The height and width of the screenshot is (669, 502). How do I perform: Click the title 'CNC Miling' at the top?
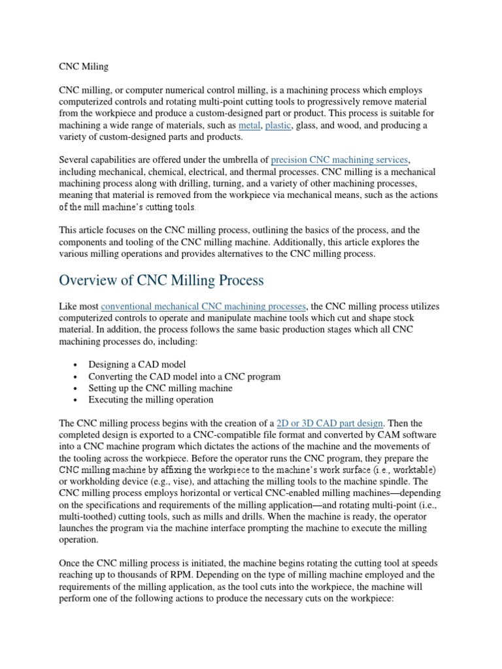pos(84,66)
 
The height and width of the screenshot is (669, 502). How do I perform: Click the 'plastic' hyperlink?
pos(278,125)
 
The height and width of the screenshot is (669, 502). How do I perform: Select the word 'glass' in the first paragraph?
pos(308,125)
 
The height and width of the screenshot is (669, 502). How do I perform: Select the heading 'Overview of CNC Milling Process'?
pos(161,280)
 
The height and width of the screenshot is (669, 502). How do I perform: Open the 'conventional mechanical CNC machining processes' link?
pos(203,306)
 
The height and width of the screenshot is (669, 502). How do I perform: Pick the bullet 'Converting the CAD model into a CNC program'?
pos(184,376)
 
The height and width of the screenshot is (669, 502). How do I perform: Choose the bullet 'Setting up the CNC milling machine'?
pos(160,388)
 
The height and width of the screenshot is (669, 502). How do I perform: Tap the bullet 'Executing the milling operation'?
pos(151,400)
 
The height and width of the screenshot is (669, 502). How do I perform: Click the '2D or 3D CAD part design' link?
pos(331,423)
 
